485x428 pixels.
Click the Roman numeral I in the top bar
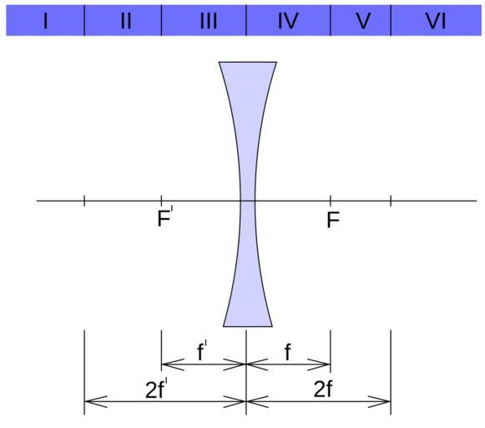[46, 22]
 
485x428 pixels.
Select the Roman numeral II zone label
[126, 22]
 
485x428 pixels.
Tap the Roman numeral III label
[209, 22]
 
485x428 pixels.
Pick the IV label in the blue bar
[288, 22]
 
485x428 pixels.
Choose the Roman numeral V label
[363, 22]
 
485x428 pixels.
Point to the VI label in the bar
[436, 22]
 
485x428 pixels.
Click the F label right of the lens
[333, 220]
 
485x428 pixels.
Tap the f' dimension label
[202, 351]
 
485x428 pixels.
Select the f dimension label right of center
[288, 352]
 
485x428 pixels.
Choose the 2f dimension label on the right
[323, 389]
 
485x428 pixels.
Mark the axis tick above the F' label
[161, 201]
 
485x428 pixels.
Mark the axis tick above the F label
[331, 201]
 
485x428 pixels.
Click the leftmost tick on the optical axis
[84, 201]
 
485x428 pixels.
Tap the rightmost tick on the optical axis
[391, 201]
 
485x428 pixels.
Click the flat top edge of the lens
[248, 62]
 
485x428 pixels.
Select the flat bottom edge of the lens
[248, 326]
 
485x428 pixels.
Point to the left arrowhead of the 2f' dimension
[96, 402]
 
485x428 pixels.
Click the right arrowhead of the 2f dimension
[379, 402]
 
